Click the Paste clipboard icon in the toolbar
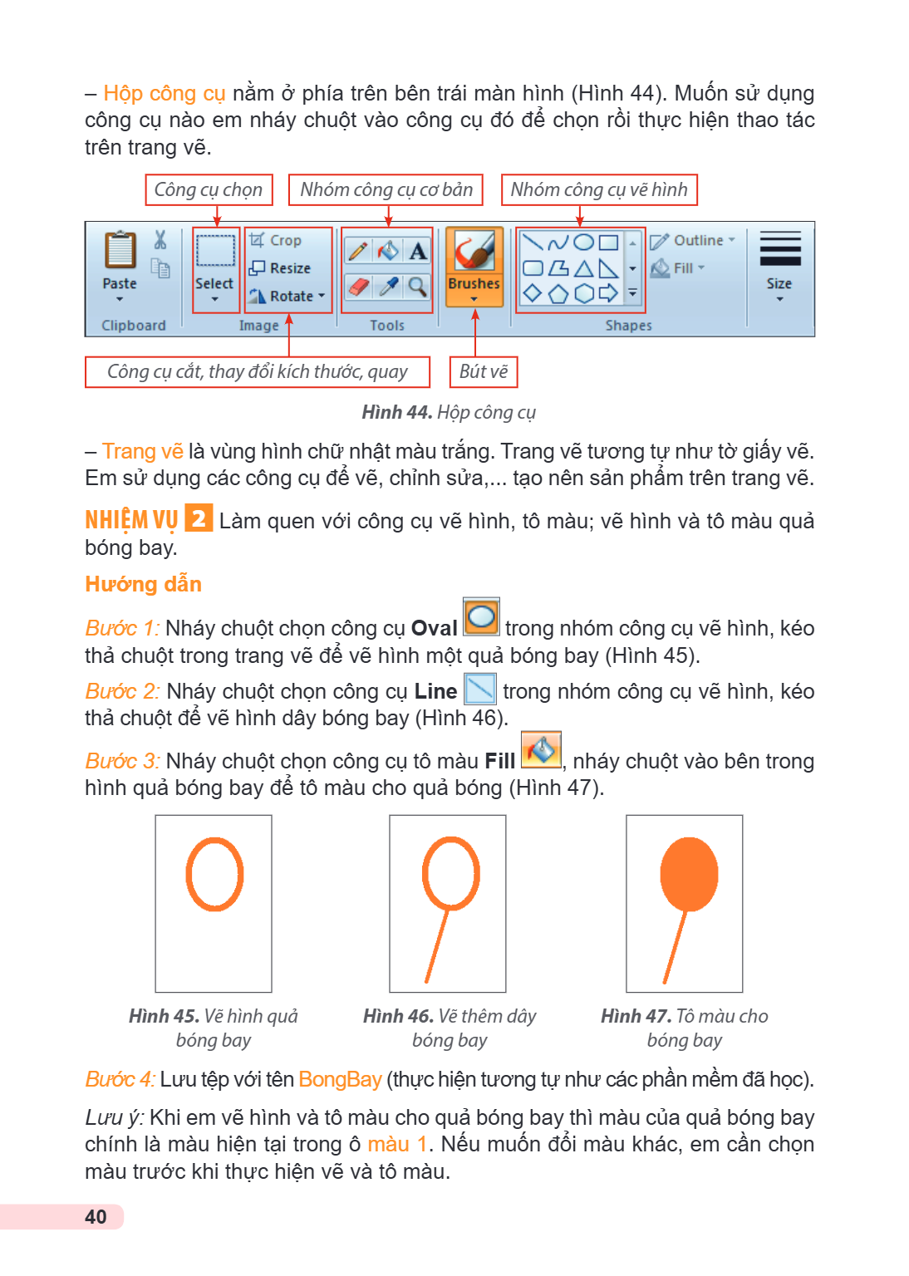tap(120, 249)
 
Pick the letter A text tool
tap(418, 251)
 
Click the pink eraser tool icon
tap(359, 287)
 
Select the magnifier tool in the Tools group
tap(418, 287)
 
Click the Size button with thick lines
tap(780, 266)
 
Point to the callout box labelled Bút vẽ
tap(484, 372)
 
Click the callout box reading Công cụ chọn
tap(209, 189)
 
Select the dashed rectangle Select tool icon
tap(215, 251)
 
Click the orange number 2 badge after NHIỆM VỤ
tap(199, 518)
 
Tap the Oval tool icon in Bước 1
tap(482, 617)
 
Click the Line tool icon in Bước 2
tap(480, 689)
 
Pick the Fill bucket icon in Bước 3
tap(542, 749)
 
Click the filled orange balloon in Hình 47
tap(689, 875)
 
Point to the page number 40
tap(96, 1217)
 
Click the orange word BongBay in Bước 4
tap(340, 1079)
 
